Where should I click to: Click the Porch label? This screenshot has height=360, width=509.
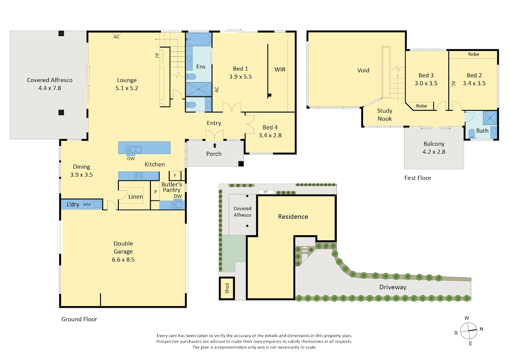click(214, 154)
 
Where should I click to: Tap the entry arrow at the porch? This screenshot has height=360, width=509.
click(215, 145)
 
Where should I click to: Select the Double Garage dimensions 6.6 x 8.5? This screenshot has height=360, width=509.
click(123, 259)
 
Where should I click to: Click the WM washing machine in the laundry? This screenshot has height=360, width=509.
click(87, 205)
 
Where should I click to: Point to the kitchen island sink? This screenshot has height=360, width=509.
click(134, 149)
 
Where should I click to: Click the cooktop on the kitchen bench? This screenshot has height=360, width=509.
click(139, 175)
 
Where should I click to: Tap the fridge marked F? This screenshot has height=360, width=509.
click(175, 176)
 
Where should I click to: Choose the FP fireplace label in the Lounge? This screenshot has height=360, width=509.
click(157, 55)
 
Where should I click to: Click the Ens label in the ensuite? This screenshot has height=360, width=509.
click(201, 67)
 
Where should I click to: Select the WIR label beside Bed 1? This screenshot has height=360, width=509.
click(280, 70)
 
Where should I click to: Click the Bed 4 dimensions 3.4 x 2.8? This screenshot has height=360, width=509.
click(270, 135)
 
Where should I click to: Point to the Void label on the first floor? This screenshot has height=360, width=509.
click(363, 70)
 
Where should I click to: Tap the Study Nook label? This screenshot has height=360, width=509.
click(384, 115)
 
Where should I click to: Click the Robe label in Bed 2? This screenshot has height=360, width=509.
click(473, 54)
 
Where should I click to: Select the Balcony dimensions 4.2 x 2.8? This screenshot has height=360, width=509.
click(434, 152)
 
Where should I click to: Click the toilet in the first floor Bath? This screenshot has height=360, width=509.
click(472, 133)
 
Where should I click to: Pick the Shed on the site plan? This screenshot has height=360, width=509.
click(227, 288)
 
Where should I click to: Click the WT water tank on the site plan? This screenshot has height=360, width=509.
click(266, 192)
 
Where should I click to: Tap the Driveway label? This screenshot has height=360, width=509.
click(393, 287)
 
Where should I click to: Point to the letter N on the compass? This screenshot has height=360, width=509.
click(481, 329)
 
